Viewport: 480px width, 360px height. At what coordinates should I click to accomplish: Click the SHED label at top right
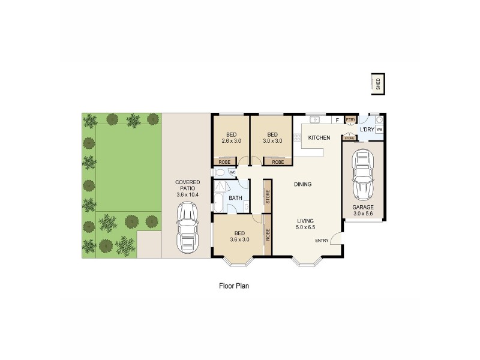coord(378,85)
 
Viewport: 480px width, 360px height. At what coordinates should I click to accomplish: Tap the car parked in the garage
coord(362,175)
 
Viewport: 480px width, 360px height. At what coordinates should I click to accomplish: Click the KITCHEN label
coord(319,138)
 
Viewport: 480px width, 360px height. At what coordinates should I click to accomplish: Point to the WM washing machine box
coord(379,129)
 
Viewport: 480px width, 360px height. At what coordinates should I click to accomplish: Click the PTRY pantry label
coord(350,120)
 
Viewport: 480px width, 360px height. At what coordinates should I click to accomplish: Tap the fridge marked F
coord(337,120)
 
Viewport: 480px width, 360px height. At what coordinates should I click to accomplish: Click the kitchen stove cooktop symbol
coord(297,138)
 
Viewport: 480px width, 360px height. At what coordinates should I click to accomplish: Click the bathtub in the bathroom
coord(218,202)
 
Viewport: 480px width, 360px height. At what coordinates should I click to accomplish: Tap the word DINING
coord(302,184)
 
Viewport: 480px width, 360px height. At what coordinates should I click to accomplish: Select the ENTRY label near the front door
coord(322,241)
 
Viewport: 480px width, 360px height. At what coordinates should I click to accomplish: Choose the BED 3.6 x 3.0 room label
coord(238,236)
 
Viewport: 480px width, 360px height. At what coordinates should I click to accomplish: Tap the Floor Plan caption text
coord(233,286)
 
